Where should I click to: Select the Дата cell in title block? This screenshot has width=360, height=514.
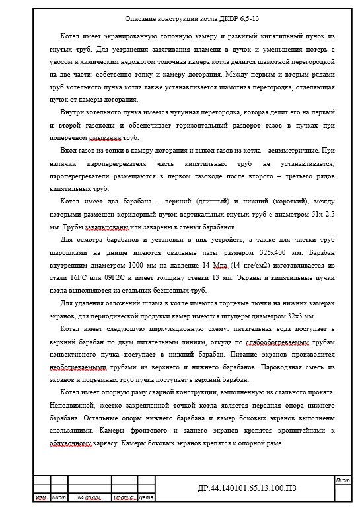[x=145, y=497]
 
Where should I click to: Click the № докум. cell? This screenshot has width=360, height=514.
[x=88, y=497]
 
